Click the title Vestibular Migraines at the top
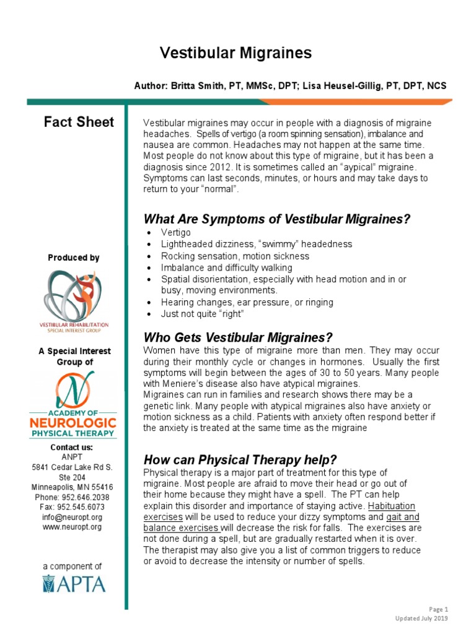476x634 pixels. coord(236,53)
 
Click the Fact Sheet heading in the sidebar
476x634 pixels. coord(79,122)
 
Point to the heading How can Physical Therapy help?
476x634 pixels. coord(240,460)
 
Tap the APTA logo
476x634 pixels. coord(73,584)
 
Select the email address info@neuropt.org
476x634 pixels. coord(73,517)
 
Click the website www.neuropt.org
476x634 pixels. coord(73,527)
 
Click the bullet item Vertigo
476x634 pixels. coord(176,233)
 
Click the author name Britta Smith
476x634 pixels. coord(197,86)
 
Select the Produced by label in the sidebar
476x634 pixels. coord(73,258)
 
